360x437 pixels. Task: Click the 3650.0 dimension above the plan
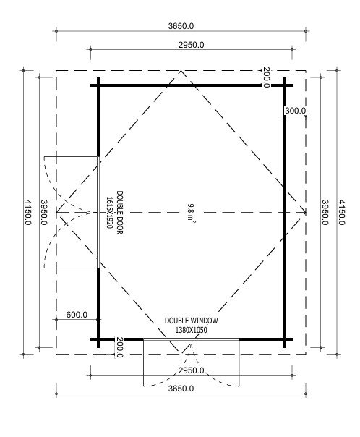[x=181, y=26]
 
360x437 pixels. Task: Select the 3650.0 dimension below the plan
[x=181, y=389]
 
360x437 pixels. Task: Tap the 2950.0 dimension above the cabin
[x=192, y=45]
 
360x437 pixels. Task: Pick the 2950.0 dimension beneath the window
[x=192, y=370]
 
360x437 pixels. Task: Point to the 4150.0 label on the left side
[x=28, y=213]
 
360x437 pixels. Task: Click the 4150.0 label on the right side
[x=342, y=213]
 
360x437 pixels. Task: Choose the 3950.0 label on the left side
[x=44, y=213]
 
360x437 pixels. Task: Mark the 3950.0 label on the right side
[x=325, y=213]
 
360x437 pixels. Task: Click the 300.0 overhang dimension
[x=295, y=111]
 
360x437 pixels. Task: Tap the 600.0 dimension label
[x=77, y=315]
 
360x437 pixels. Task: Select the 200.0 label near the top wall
[x=266, y=77]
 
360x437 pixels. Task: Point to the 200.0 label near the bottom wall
[x=119, y=347]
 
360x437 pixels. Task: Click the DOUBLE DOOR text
[x=119, y=213]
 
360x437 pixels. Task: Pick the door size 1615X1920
[x=109, y=213]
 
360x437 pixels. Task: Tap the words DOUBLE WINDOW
[x=192, y=321]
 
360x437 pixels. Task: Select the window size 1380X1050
[x=192, y=330]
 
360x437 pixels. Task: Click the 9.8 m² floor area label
[x=191, y=213]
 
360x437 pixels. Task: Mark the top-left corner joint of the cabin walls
[x=98, y=85]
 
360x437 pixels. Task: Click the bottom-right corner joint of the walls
[x=284, y=339]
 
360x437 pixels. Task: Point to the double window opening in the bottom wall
[x=192, y=339]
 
